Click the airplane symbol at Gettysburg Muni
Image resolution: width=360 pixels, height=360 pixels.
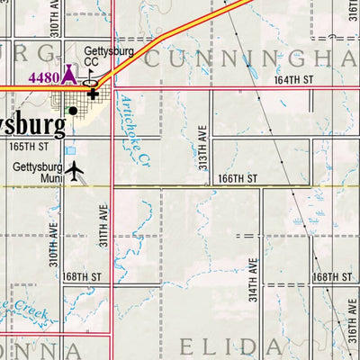tap(74, 169)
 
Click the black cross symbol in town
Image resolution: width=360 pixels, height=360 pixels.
tap(92, 94)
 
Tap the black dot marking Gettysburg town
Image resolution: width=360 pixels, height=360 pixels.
tap(73, 111)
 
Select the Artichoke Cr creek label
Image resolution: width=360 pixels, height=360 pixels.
tap(135, 132)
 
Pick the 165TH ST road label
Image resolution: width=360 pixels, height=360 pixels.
tap(29, 146)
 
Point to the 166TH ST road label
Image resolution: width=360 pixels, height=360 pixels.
tap(238, 179)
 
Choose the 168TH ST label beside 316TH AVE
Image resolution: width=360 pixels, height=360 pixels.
tap(332, 277)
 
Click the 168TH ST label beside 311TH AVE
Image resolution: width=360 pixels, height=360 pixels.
tap(83, 277)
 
